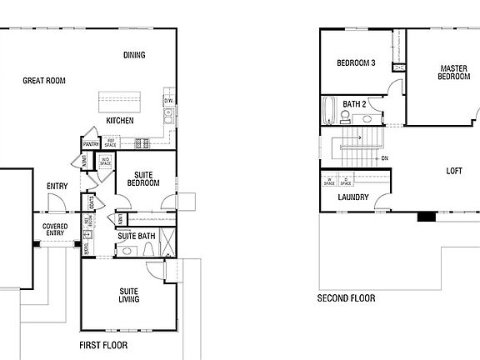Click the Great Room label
click(44, 81)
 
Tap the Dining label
click(134, 56)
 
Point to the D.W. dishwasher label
click(167, 102)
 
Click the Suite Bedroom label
click(142, 178)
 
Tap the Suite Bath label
click(136, 237)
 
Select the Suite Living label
click(128, 294)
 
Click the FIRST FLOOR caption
click(103, 344)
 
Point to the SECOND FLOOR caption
click(346, 297)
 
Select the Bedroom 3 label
click(356, 63)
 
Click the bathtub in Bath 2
click(329, 111)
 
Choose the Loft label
click(453, 171)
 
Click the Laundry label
click(352, 197)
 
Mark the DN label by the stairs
click(384, 158)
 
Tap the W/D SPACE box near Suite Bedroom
click(105, 162)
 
